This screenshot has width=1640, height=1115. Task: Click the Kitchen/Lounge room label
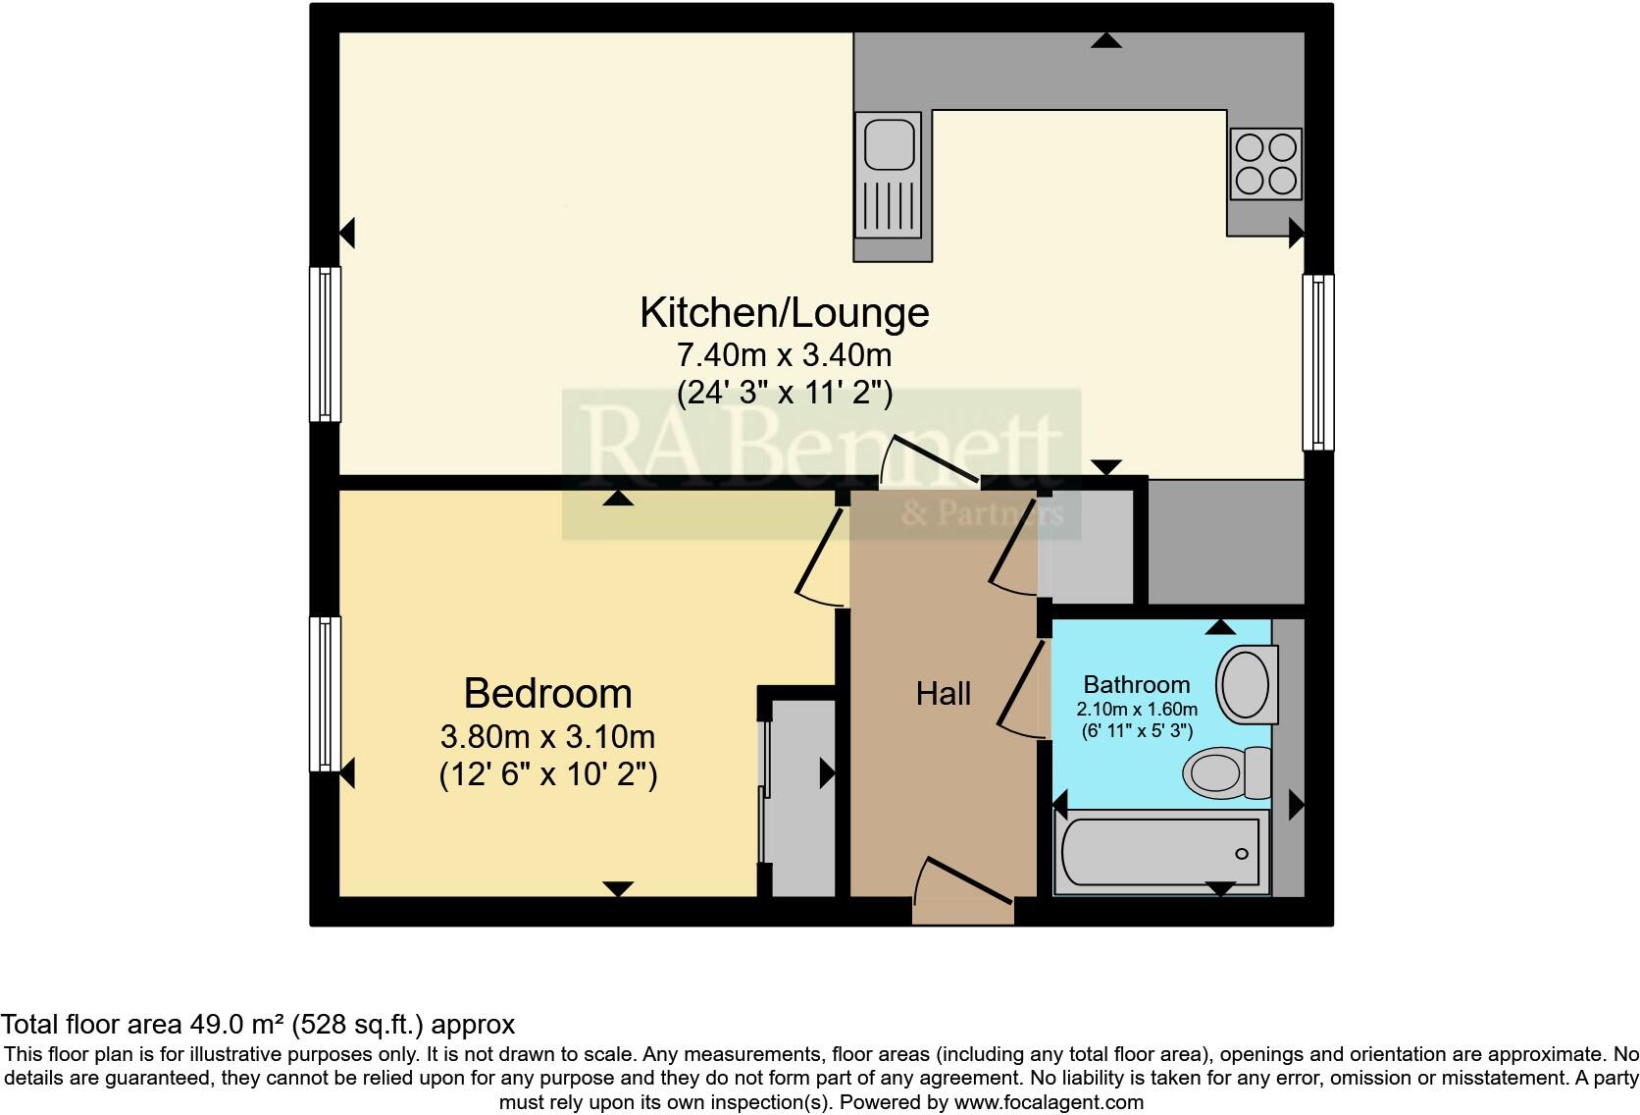[x=784, y=313]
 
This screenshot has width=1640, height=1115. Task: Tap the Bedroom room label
[x=547, y=694]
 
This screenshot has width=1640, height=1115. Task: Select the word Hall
[x=943, y=694]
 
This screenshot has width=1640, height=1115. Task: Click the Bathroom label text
[x=1136, y=684]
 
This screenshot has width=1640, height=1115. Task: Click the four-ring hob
[x=1265, y=164]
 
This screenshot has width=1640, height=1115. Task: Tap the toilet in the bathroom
[x=1226, y=772]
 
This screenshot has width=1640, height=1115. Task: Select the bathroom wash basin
[x=1246, y=684]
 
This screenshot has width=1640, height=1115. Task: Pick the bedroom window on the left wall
[x=326, y=693]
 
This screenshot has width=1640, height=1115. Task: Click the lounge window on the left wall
[x=326, y=345]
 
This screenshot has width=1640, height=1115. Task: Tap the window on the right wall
[x=1317, y=362]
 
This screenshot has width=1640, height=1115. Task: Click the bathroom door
[x=1021, y=687]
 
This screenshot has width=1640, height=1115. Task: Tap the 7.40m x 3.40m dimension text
[x=784, y=354]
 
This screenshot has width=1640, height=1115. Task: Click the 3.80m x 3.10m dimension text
[x=547, y=736]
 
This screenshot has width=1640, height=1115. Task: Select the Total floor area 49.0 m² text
[x=257, y=1025]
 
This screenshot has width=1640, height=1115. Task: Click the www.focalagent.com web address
[x=1048, y=1102]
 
